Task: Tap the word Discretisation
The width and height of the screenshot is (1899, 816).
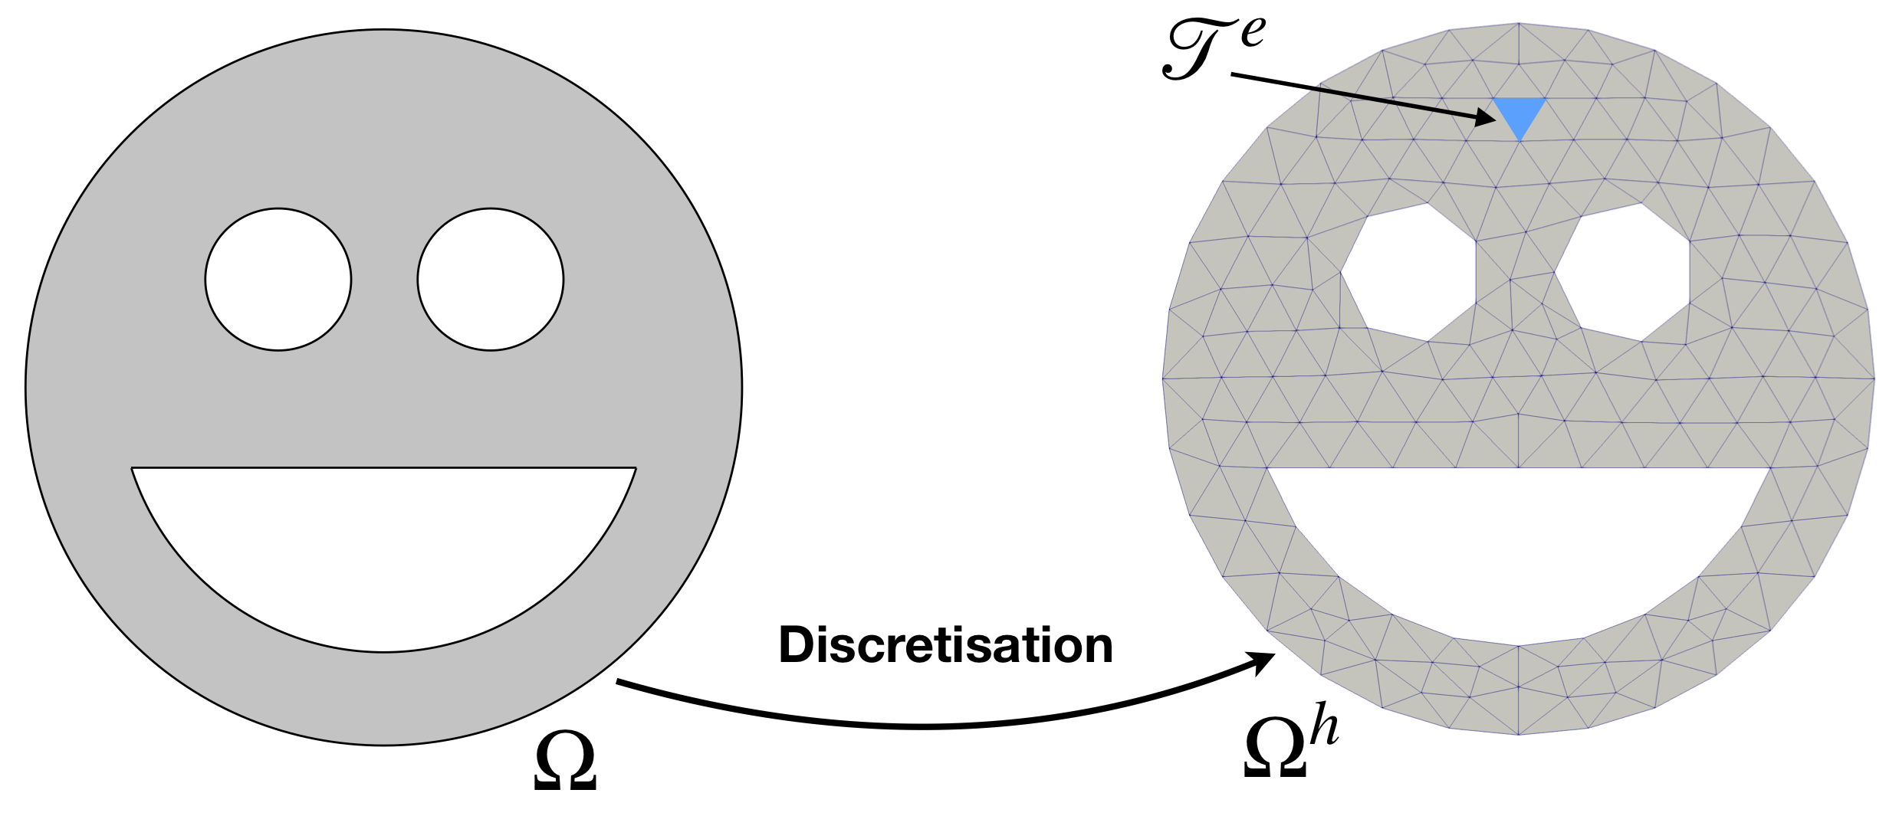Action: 945,645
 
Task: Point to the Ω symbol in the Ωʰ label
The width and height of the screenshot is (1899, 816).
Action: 1274,752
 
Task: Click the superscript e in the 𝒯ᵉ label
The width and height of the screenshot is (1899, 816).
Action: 1252,33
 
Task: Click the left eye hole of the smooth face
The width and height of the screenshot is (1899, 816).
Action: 278,280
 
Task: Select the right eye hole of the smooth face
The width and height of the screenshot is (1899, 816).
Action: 491,280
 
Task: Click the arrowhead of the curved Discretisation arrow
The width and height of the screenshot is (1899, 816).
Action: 1263,660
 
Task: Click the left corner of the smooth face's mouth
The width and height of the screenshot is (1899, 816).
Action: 133,468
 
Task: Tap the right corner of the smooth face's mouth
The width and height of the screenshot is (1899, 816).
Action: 636,468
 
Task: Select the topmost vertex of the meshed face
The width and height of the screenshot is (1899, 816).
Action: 1519,23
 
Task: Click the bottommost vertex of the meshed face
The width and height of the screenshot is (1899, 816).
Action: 1519,735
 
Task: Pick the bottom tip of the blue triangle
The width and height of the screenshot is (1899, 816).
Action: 1520,141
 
